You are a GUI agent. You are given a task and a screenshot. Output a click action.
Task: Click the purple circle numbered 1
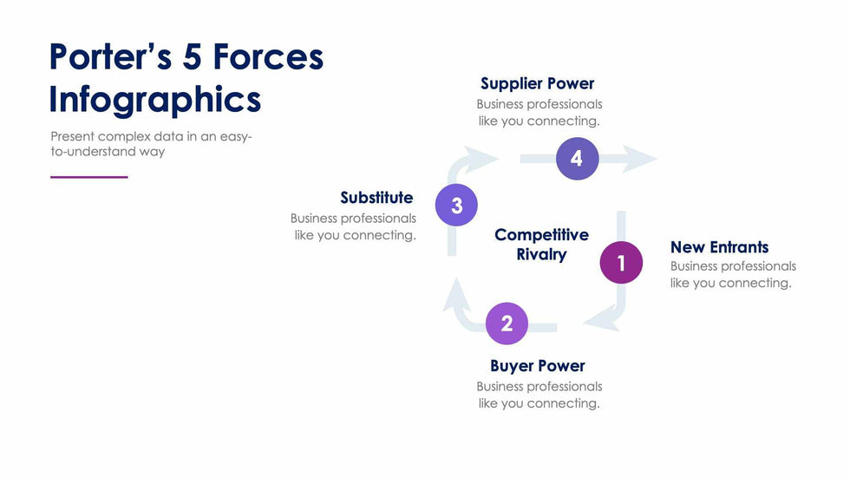(x=621, y=263)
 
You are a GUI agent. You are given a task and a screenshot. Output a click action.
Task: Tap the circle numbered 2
(x=507, y=324)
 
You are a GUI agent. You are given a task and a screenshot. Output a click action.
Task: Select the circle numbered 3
(x=456, y=206)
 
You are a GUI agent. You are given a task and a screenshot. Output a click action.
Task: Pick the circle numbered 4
(x=577, y=159)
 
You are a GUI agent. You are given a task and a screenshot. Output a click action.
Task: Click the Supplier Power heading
(x=537, y=83)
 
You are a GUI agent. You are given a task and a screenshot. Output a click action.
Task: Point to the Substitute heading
(x=376, y=198)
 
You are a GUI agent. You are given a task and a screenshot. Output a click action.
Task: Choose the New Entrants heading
(x=719, y=247)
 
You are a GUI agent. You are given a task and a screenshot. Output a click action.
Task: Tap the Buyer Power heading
(x=537, y=365)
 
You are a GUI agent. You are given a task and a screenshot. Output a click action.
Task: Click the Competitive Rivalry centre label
(x=541, y=245)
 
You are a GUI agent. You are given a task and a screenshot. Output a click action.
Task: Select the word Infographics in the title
(x=155, y=99)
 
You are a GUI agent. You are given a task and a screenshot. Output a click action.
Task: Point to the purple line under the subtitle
(x=88, y=177)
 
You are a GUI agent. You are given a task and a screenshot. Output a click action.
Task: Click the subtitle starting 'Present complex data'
(x=151, y=144)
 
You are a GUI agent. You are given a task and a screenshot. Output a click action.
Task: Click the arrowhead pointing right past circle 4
(x=640, y=159)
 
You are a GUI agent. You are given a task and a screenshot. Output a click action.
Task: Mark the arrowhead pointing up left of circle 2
(x=456, y=300)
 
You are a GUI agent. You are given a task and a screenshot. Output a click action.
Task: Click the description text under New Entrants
(x=732, y=274)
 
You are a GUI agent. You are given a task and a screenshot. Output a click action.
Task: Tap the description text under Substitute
(x=354, y=226)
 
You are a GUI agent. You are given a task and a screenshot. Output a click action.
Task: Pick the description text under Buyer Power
(x=539, y=395)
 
